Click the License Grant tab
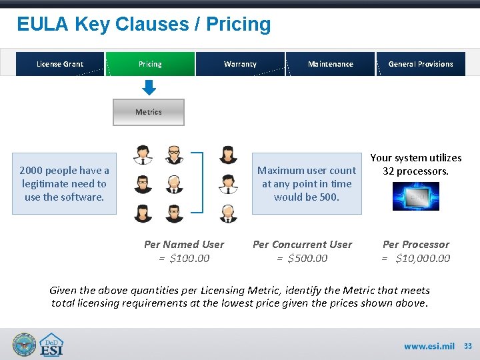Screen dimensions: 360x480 tap(60, 64)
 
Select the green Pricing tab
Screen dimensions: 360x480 tap(150, 64)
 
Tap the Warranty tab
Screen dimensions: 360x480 tap(240, 64)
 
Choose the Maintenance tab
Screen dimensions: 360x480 tap(331, 64)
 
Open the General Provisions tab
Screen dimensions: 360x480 tap(421, 64)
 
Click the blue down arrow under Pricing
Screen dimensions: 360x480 tap(149, 87)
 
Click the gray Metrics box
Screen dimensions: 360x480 tap(149, 112)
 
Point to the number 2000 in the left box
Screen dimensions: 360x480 tap(31, 171)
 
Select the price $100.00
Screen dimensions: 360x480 tap(189, 258)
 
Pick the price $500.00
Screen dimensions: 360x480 tap(307, 258)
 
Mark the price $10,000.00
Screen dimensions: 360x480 tap(423, 258)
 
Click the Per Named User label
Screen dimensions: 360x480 tap(184, 245)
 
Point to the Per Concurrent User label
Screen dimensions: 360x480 tap(302, 245)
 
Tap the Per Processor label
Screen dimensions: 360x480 tap(416, 245)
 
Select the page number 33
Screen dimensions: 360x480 tap(468, 346)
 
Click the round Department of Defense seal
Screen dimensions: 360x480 tap(24, 345)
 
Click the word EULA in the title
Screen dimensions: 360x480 tap(43, 25)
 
